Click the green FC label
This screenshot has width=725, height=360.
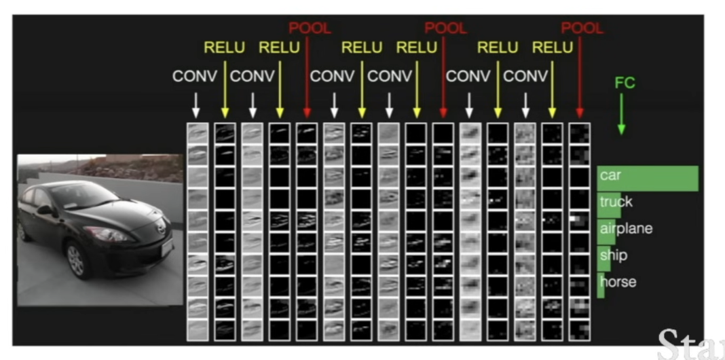click(x=625, y=83)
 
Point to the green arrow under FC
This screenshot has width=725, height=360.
click(x=621, y=114)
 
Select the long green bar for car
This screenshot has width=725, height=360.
click(x=648, y=178)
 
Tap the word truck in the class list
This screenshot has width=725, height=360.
click(x=616, y=202)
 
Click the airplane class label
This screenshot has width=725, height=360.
click(x=626, y=229)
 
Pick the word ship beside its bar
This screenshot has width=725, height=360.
click(x=614, y=255)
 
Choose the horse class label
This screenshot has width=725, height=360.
click(x=618, y=281)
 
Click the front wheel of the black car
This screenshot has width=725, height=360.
click(x=76, y=259)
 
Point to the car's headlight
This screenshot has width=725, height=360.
click(x=107, y=234)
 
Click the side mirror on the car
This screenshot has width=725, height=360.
click(x=45, y=211)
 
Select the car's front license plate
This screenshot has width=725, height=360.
click(x=167, y=247)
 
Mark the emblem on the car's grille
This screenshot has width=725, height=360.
click(x=162, y=228)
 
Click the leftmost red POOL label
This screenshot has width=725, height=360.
click(x=310, y=29)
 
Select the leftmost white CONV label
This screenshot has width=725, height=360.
click(x=195, y=76)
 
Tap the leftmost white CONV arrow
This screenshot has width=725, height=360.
click(x=196, y=105)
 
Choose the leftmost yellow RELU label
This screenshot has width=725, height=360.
click(x=224, y=47)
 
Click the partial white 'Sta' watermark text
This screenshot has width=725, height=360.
click(x=691, y=345)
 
